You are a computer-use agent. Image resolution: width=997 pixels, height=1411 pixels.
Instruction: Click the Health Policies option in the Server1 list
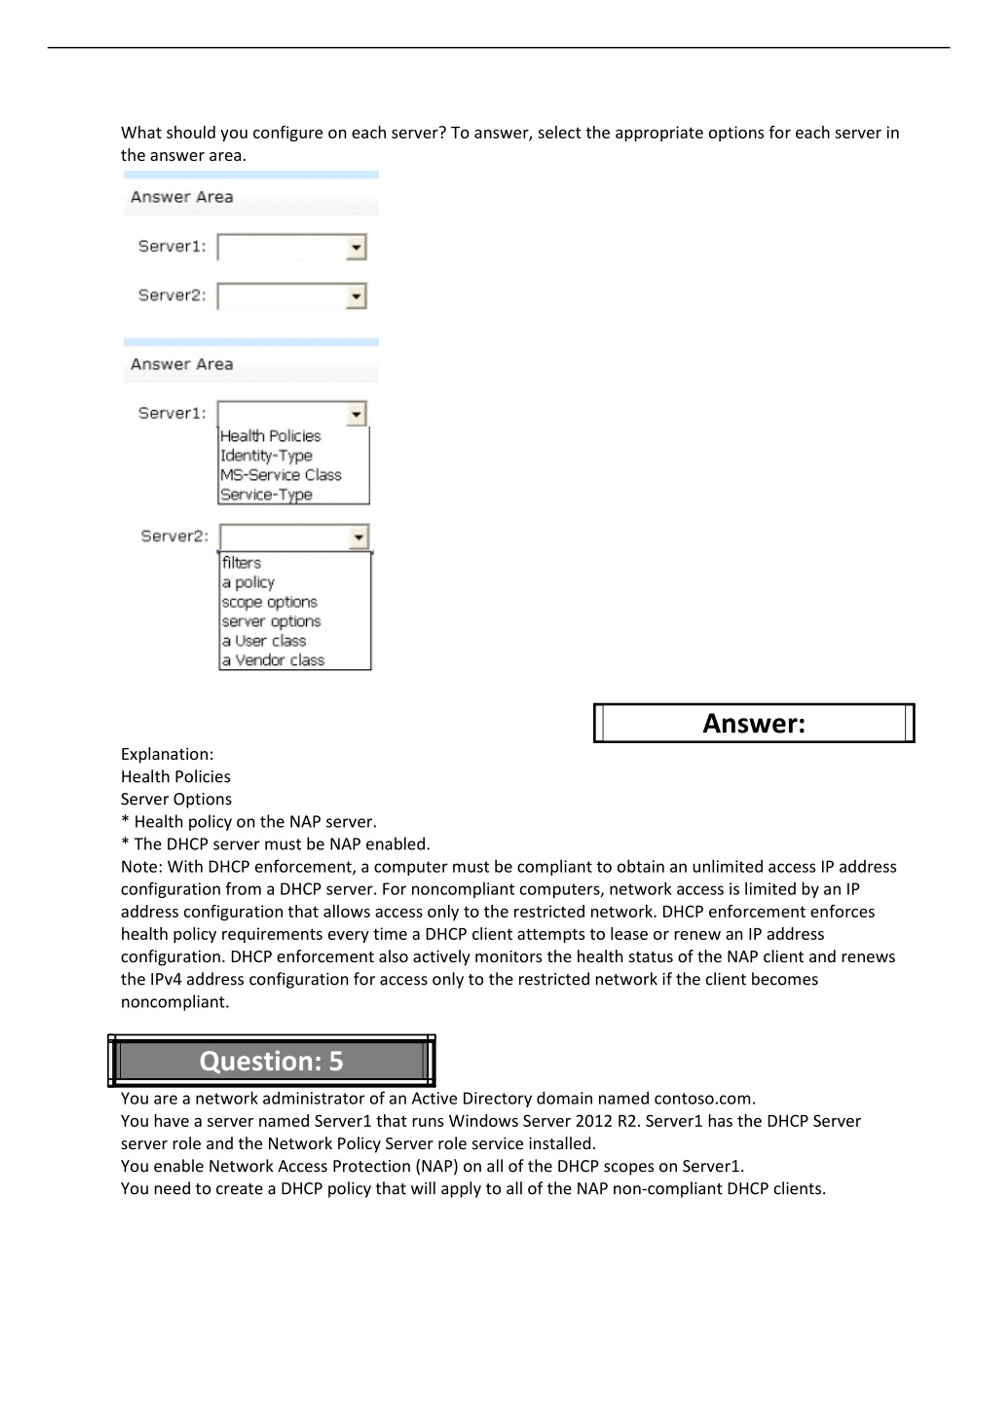coord(270,436)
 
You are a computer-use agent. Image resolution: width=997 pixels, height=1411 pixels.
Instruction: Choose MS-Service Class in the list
coord(280,475)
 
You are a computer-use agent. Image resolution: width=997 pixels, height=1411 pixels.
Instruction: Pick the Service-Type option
coord(266,495)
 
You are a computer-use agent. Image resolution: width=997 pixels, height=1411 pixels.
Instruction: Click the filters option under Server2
coord(241,563)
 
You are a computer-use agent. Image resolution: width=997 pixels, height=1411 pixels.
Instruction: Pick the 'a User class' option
coord(264,641)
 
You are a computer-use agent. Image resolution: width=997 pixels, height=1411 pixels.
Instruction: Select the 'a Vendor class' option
coord(273,660)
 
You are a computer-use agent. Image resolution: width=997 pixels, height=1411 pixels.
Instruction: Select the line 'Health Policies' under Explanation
coord(175,777)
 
